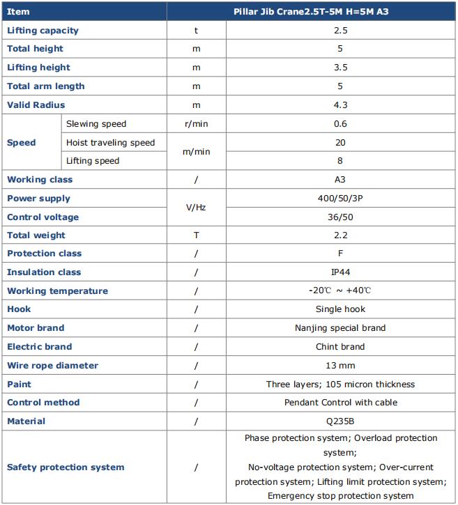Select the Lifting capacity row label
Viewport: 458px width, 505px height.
click(x=43, y=31)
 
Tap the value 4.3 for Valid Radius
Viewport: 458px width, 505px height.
click(x=340, y=105)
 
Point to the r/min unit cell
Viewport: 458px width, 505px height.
click(x=196, y=124)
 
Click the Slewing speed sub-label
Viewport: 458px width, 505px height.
click(x=96, y=124)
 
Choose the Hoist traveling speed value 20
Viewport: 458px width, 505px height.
click(x=340, y=143)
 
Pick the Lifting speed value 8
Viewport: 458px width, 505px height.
click(x=340, y=161)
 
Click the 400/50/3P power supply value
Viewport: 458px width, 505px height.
click(x=340, y=199)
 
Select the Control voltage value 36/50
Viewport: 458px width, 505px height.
click(x=340, y=217)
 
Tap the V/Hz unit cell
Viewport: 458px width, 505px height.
click(x=196, y=208)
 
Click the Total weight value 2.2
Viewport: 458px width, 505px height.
click(x=340, y=235)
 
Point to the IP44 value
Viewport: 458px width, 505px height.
click(x=340, y=272)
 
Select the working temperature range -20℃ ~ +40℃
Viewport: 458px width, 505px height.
click(x=340, y=291)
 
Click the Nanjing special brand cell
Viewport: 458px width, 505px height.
click(x=340, y=328)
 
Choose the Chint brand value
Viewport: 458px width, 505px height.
click(x=340, y=347)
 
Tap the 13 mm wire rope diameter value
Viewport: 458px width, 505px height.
click(x=340, y=366)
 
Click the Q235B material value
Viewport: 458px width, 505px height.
click(x=340, y=421)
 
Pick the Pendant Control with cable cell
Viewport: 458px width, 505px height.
click(x=340, y=403)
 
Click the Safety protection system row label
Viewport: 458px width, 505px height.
click(x=66, y=467)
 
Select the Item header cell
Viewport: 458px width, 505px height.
click(x=18, y=12)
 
